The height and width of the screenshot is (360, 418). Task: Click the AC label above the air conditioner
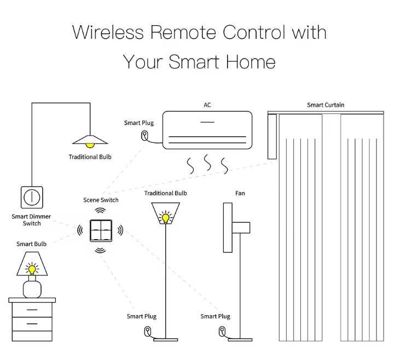click(x=207, y=104)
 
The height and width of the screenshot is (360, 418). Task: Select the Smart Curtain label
click(x=326, y=105)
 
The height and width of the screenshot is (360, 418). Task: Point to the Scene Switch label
click(x=101, y=200)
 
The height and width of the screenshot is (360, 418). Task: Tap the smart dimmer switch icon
click(x=32, y=197)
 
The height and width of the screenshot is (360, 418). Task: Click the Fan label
click(x=240, y=193)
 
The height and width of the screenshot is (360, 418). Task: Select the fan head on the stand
click(x=241, y=228)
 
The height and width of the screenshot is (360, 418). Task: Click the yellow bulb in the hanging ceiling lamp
click(x=90, y=144)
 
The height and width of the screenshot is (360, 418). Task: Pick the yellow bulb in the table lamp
click(x=32, y=269)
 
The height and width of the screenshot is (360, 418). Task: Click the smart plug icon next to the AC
click(x=144, y=135)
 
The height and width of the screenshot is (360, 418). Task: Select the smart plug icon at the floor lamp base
click(x=148, y=330)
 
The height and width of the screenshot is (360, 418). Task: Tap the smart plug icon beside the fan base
click(x=222, y=330)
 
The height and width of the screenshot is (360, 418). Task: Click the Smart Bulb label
click(x=31, y=244)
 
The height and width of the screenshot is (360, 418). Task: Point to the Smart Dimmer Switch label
click(x=31, y=220)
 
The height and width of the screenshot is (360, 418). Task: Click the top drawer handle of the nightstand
click(x=32, y=310)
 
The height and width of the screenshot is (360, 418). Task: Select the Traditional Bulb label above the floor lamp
click(x=165, y=193)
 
